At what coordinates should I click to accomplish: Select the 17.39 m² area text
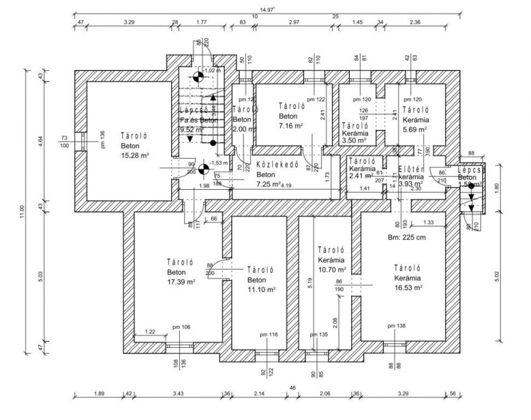pos(181,282)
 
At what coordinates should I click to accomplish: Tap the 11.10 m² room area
pos(261,289)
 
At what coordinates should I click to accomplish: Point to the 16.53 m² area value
pos(408,287)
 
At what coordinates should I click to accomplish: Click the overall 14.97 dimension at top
pos(267,8)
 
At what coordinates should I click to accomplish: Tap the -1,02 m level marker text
pos(212,71)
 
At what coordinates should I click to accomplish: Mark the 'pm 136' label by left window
pos(102,140)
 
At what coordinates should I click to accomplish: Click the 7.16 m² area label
pos(291,125)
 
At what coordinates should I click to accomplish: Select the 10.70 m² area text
pos(332,270)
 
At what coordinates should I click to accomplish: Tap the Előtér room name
pos(412,169)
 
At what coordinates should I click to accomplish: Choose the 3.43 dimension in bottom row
pos(178,393)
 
